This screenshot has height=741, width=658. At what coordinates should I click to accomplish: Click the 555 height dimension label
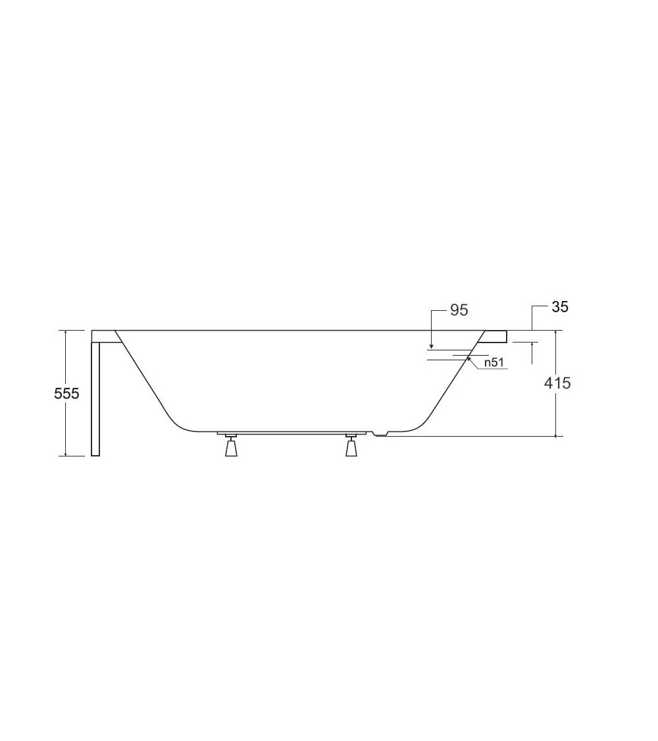click(66, 393)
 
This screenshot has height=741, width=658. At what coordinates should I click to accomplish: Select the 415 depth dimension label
click(557, 383)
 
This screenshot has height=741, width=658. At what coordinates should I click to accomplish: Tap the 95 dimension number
click(459, 310)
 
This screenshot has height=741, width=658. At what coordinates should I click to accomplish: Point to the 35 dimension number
click(560, 307)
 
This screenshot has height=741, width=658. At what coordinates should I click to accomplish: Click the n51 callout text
click(494, 362)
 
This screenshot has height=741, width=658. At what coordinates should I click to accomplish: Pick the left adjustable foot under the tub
click(232, 445)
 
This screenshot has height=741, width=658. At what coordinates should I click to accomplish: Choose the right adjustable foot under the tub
click(351, 445)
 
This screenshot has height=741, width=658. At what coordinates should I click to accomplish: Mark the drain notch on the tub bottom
click(380, 433)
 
